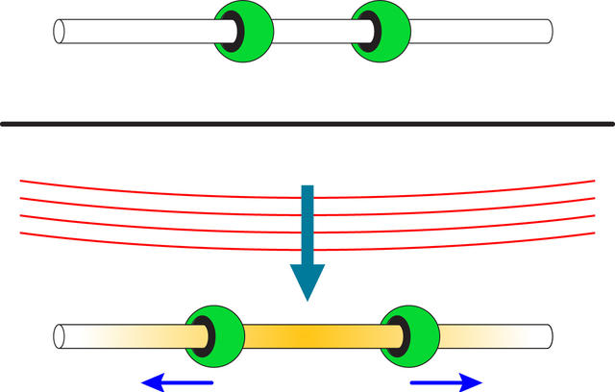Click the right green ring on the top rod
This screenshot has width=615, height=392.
coord(385,29)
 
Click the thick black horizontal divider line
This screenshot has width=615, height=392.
coord(307,123)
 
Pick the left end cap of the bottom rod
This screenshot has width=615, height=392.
coord(61,336)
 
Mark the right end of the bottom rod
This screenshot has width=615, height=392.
coord(547,336)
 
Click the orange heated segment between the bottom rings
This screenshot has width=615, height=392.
coord(307,336)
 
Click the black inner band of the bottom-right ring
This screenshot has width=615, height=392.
coord(396,337)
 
